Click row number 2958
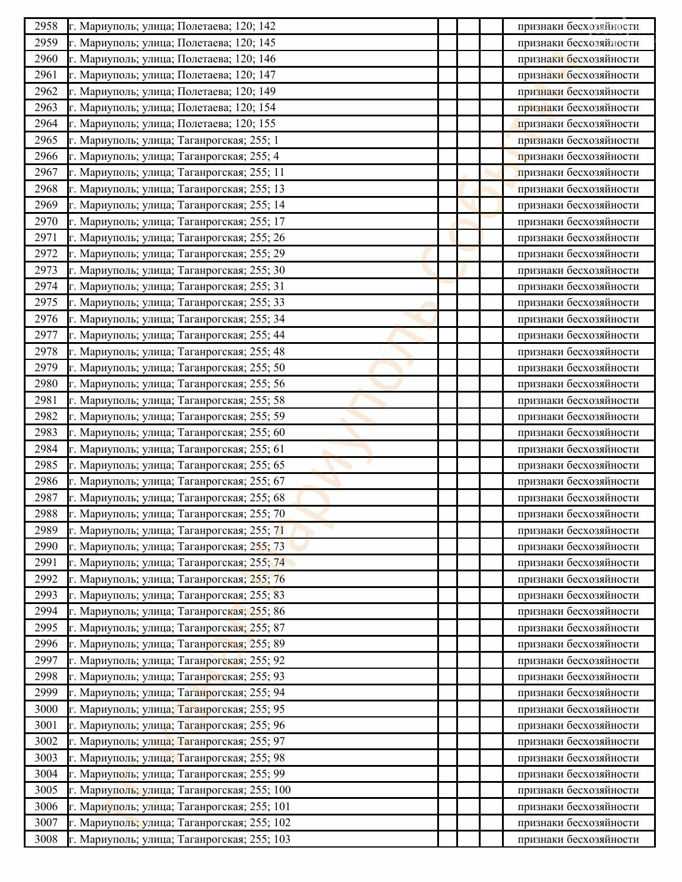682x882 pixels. click(46, 26)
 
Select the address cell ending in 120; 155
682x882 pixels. click(172, 124)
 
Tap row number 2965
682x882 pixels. click(46, 140)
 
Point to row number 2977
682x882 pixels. click(46, 335)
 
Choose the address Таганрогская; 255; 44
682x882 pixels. click(176, 335)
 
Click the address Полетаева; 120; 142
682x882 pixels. click(172, 26)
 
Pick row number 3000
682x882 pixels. click(46, 709)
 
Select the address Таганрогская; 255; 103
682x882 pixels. click(179, 839)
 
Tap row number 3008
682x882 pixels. click(46, 839)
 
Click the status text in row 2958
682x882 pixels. click(578, 26)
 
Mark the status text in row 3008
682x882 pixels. click(578, 839)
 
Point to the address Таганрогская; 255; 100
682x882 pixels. click(179, 790)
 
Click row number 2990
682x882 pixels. click(46, 546)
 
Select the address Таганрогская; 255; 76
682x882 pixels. click(176, 579)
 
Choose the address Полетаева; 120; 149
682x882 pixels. click(172, 91)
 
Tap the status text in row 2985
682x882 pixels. click(578, 465)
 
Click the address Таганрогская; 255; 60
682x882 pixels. click(176, 432)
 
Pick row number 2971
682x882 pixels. click(46, 238)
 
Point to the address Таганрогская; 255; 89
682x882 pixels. click(176, 644)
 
